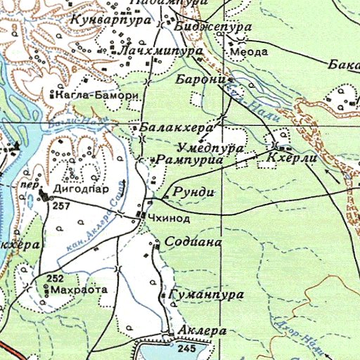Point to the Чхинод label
165,219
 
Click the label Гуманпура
205,293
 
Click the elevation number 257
62,205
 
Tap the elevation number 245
186,349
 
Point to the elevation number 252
56,278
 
